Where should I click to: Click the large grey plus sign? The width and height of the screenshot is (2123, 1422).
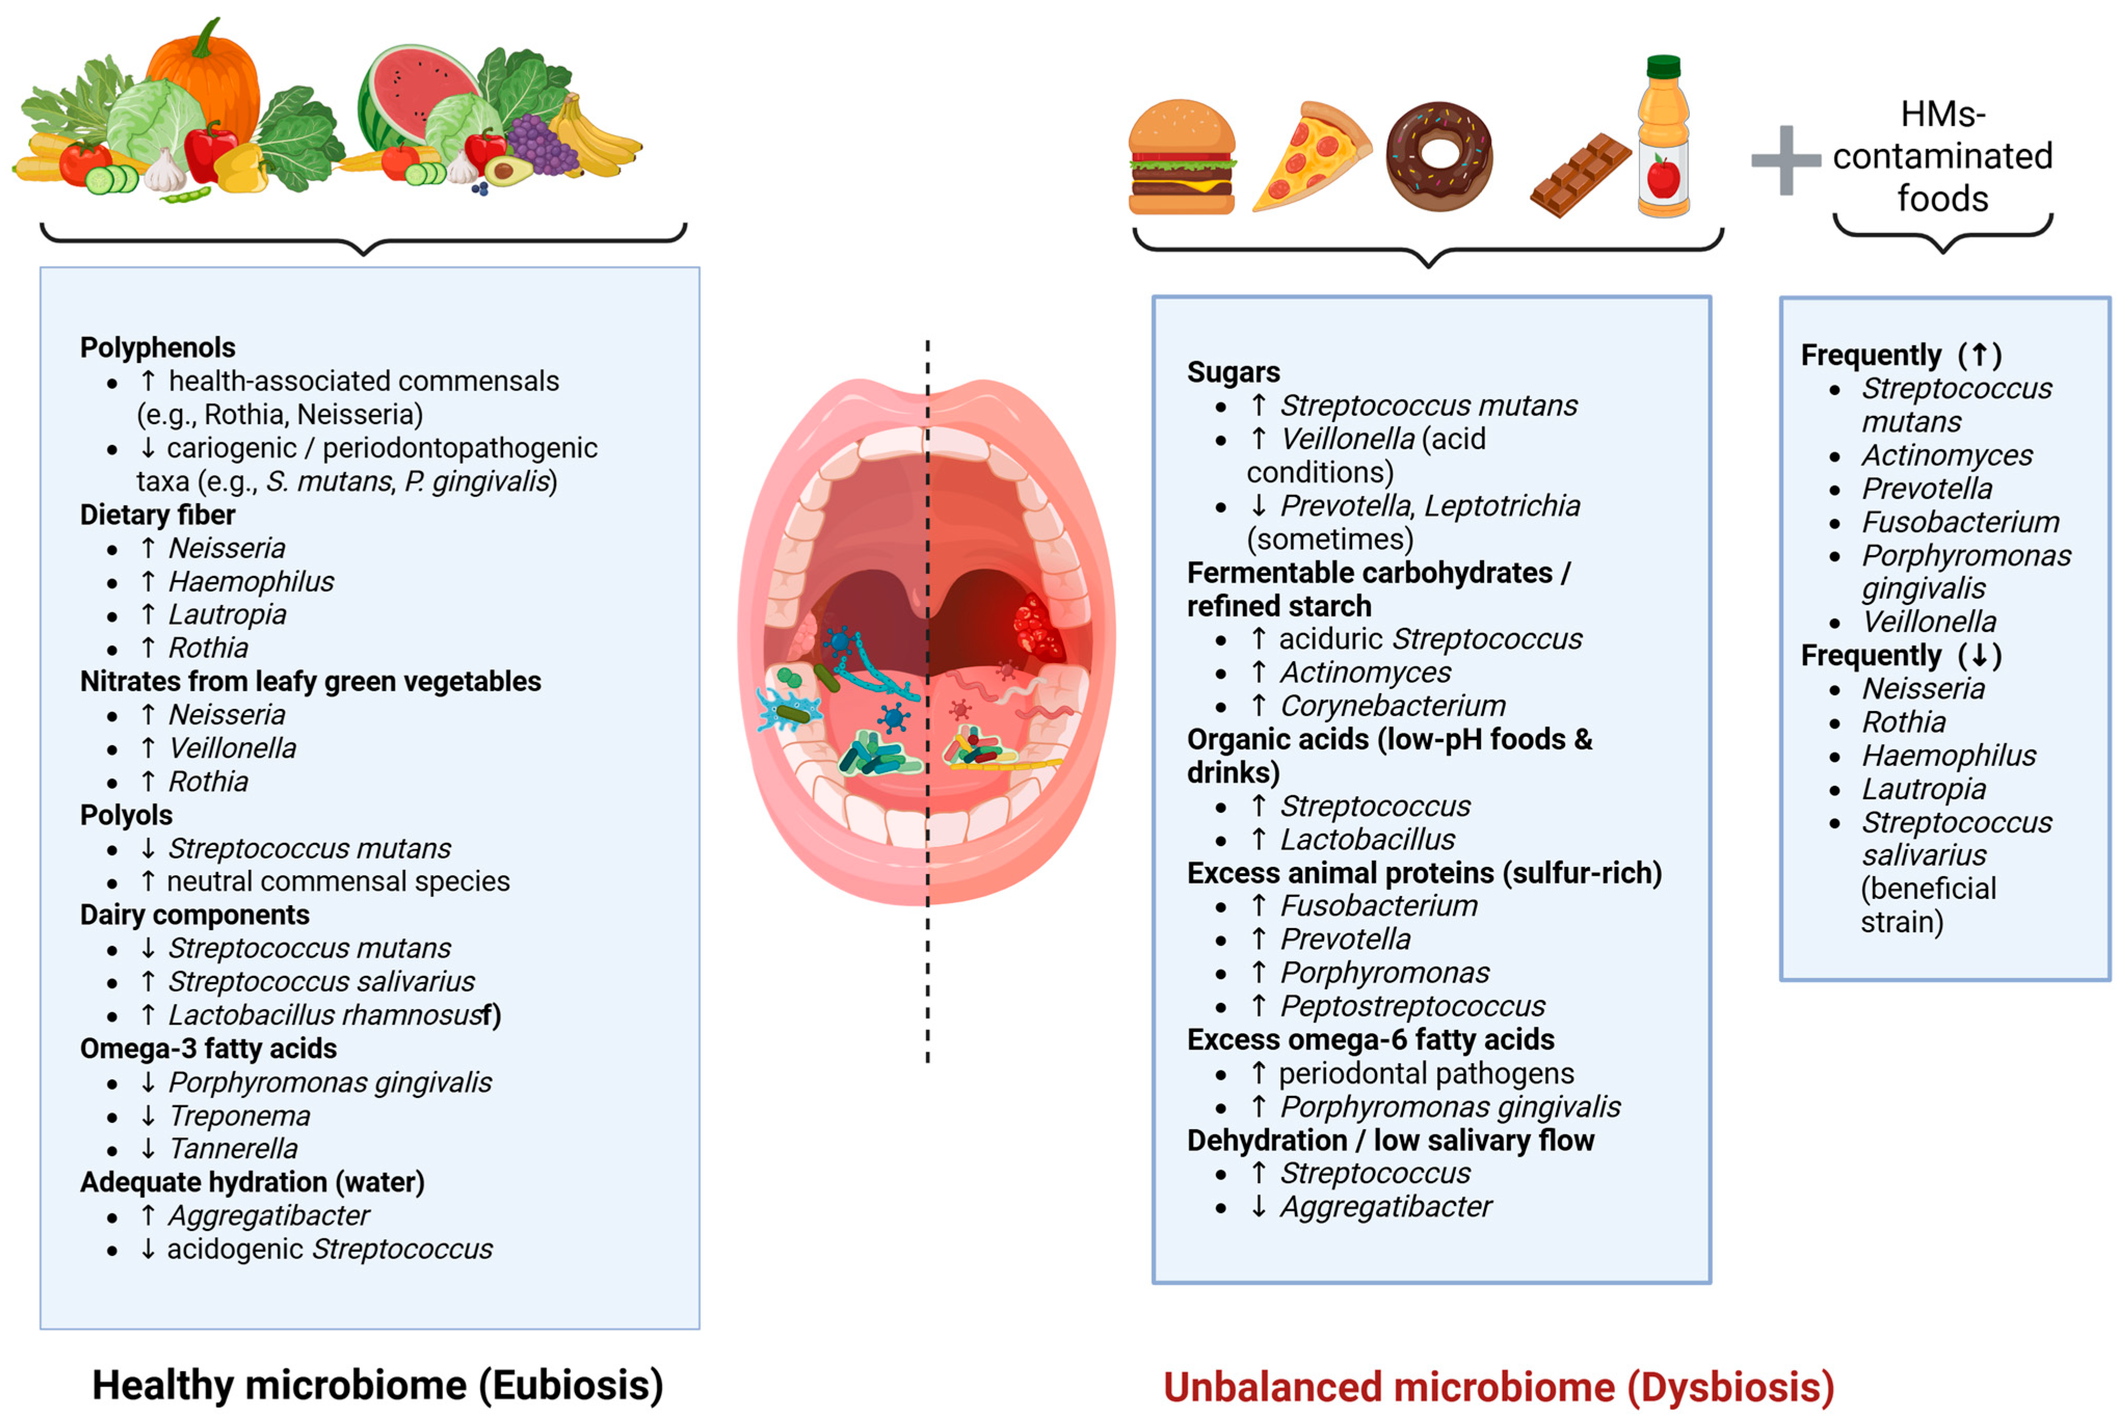pyautogui.click(x=1785, y=160)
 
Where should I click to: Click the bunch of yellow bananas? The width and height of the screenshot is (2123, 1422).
pyautogui.click(x=594, y=141)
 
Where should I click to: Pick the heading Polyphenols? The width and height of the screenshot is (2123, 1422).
pyautogui.click(x=158, y=347)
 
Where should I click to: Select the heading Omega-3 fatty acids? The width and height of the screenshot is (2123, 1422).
pyautogui.click(x=208, y=1049)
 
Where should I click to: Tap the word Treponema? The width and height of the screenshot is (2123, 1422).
pyautogui.click(x=239, y=1116)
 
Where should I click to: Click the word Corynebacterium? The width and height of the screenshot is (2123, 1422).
pyautogui.click(x=1392, y=706)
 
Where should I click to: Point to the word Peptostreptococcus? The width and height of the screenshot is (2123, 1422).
pyautogui.click(x=1412, y=1006)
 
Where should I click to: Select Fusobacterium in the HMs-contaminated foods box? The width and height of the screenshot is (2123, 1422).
pyautogui.click(x=1960, y=522)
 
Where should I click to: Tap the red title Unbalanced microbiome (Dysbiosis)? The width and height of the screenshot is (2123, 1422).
pyautogui.click(x=1498, y=1388)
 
